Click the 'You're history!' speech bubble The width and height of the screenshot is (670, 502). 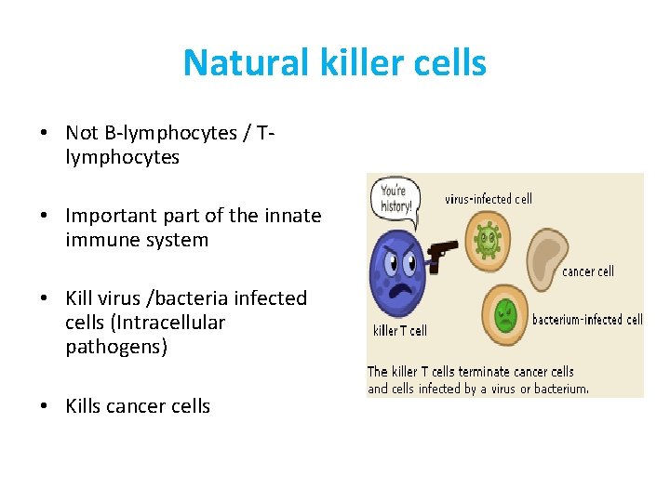(x=395, y=196)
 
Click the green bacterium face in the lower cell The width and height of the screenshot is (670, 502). (x=505, y=314)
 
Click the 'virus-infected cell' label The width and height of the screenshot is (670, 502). (x=489, y=198)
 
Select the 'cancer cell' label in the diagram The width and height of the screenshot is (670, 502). (x=588, y=271)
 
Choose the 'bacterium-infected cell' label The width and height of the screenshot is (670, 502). (x=587, y=320)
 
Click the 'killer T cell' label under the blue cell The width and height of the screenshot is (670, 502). (x=400, y=330)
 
